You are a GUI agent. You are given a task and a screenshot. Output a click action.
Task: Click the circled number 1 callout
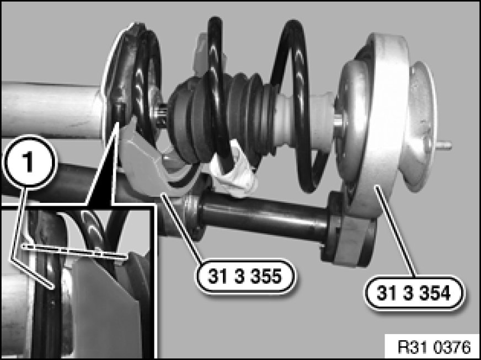click(29, 161)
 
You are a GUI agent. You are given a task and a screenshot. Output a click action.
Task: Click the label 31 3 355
click(245, 277)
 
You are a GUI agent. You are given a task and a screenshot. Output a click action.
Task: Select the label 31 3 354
click(414, 293)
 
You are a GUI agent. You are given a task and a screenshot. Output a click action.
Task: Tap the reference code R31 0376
click(434, 348)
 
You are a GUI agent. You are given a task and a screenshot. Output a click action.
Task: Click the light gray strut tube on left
click(51, 110)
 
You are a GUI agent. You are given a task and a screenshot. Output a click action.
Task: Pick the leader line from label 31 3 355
click(182, 227)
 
